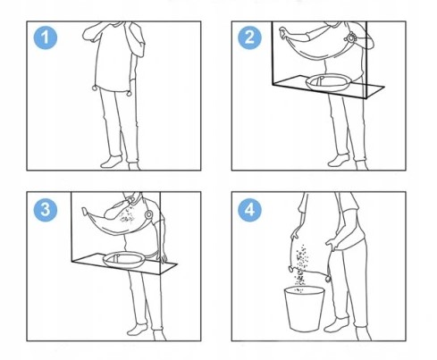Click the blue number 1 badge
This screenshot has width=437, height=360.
point(45,38)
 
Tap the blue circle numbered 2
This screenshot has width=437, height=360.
point(249,38)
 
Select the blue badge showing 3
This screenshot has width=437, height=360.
point(45,209)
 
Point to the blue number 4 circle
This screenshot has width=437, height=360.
point(249,209)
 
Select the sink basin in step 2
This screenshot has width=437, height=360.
point(328,83)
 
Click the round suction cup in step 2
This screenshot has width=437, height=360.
point(349,38)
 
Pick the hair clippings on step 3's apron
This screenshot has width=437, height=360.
point(127,216)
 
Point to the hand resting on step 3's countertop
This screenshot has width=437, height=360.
point(164,256)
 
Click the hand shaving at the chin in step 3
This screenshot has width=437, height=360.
point(129,198)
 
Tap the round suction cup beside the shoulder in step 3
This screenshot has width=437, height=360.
point(148,214)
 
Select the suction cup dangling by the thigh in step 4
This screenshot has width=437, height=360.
point(328,279)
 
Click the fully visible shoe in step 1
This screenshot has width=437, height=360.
point(112,162)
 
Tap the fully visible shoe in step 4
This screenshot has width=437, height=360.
point(336,325)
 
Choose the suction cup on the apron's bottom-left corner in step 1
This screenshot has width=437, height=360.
point(95,88)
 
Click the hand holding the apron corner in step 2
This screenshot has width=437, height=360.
point(284,32)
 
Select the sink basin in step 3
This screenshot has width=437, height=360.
point(124,260)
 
